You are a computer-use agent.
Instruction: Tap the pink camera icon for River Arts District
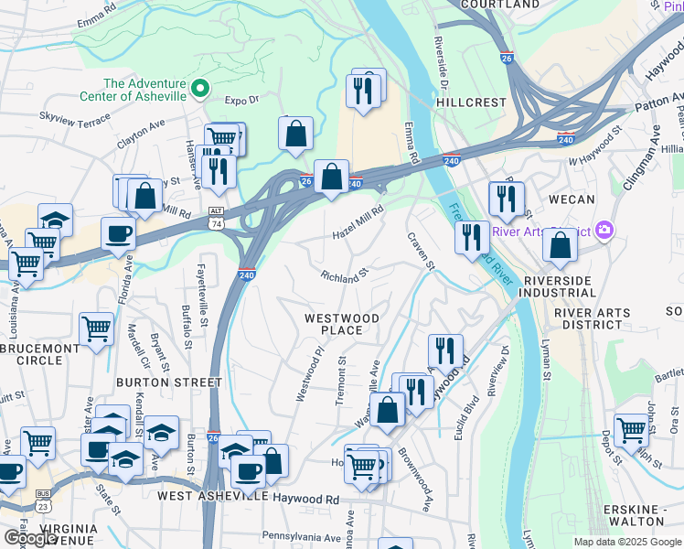point(603,229)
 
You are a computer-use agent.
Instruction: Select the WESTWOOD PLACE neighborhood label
point(341,324)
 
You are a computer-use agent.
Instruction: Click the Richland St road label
point(344,274)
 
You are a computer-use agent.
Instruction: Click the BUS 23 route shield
point(42,499)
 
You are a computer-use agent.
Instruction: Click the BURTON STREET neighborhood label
point(169,382)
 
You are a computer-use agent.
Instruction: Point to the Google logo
point(29,537)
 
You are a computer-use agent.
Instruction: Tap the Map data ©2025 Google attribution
point(626,542)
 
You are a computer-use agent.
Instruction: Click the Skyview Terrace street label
point(75,118)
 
